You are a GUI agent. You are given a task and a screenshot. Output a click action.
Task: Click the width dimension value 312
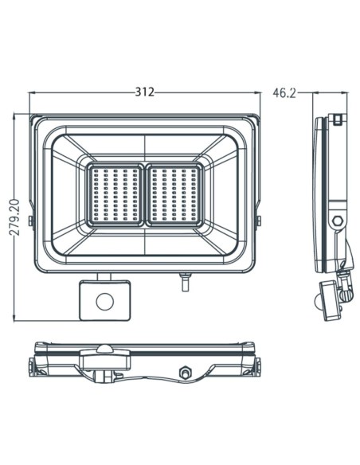coord(144,92)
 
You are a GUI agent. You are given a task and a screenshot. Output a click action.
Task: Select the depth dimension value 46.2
coord(284,93)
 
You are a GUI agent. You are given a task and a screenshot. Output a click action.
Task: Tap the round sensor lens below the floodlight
coord(104,300)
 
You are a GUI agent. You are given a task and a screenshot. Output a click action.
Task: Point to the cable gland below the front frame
coord(186,281)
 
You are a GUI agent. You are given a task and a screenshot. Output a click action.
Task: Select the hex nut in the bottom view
coord(186,372)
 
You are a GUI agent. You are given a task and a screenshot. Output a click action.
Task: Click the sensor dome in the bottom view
coord(104,351)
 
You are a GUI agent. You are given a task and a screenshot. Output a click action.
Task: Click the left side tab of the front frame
coord(30,220)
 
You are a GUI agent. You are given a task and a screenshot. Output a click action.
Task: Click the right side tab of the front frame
coord(259,220)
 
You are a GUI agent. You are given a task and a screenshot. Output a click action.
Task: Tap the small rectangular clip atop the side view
coord(338,119)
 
